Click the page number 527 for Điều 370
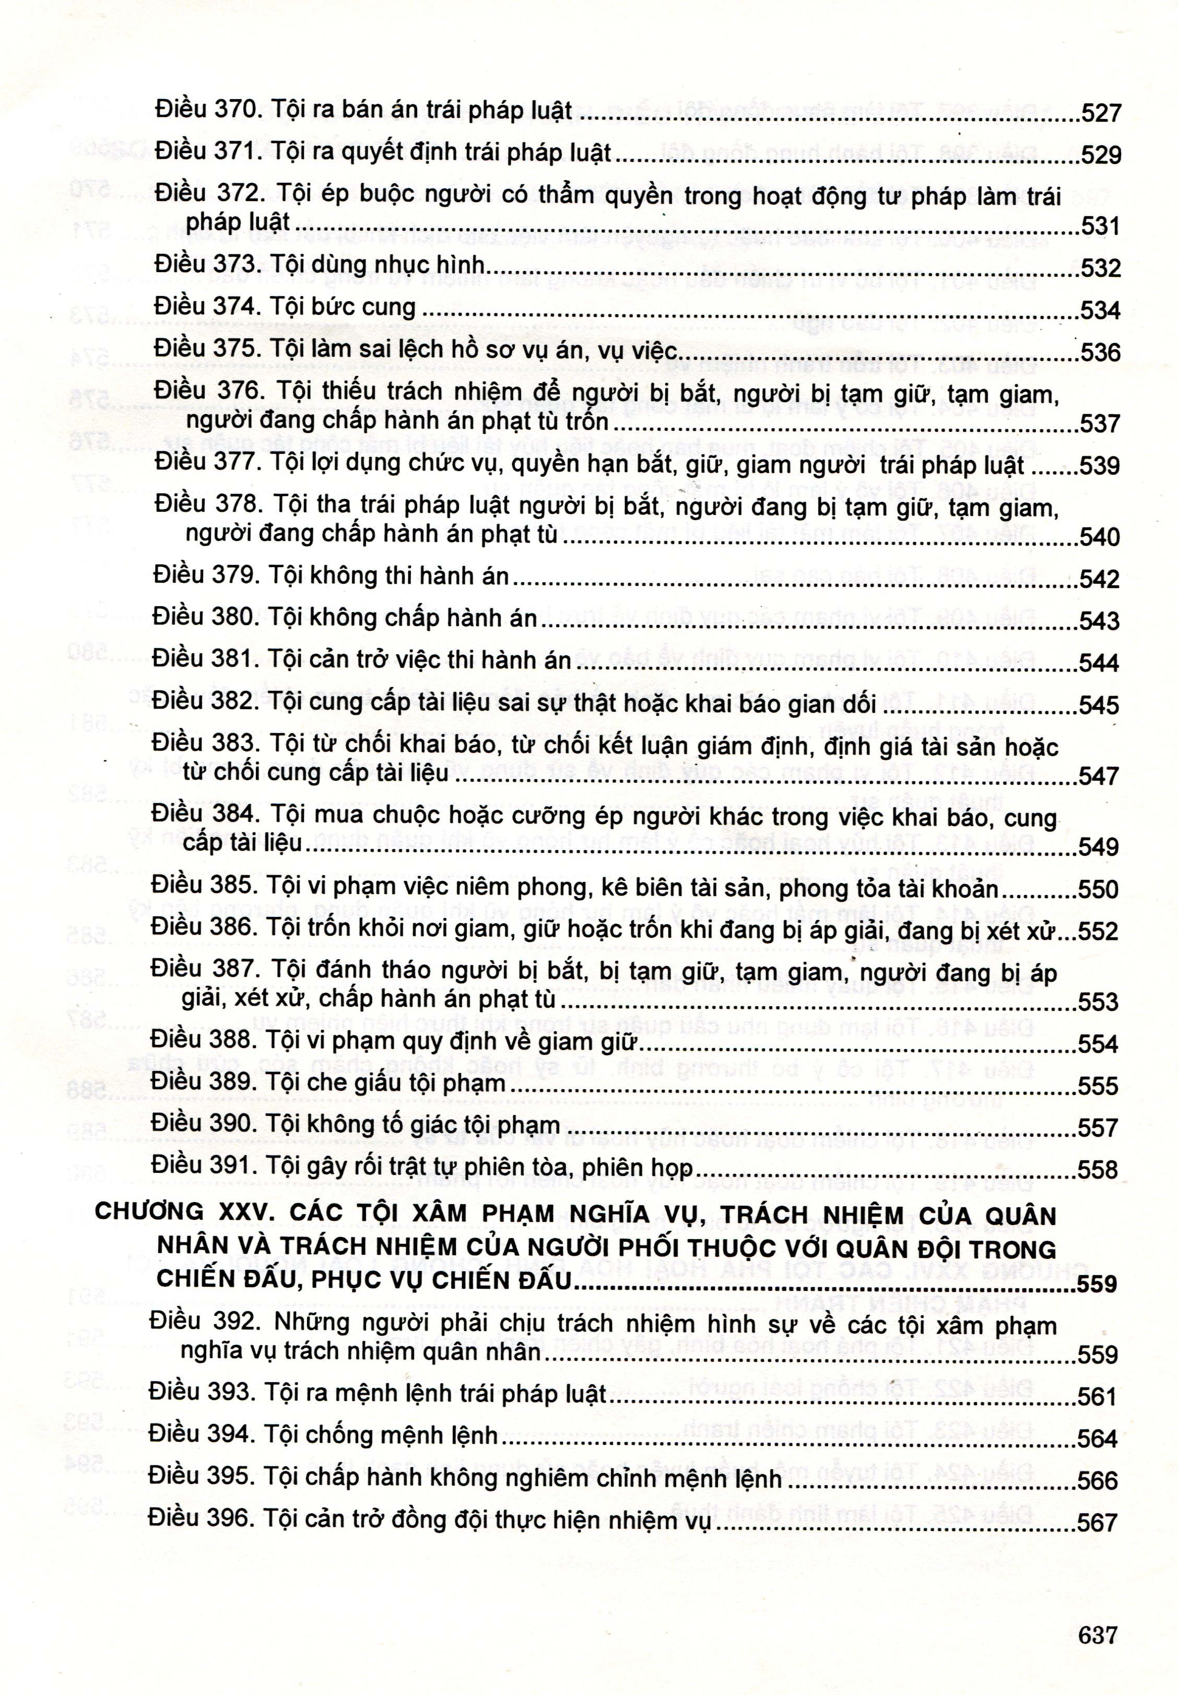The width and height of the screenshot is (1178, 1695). pyautogui.click(x=1101, y=114)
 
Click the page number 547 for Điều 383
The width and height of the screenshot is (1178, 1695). pyautogui.click(x=1099, y=776)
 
